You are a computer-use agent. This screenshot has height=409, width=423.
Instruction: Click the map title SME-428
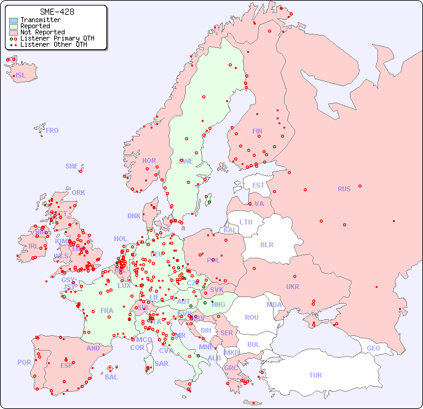(x=57, y=12)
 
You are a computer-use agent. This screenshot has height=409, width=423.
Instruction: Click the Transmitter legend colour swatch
(x=14, y=20)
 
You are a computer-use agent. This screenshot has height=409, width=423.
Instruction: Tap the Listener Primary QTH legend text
(x=57, y=39)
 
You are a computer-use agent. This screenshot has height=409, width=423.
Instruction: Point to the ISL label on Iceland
(x=21, y=76)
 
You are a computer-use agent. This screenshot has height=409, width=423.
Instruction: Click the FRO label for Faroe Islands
(x=52, y=130)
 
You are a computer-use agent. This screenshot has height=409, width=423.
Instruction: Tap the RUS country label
(x=344, y=189)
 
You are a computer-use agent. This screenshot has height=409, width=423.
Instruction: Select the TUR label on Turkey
(x=315, y=375)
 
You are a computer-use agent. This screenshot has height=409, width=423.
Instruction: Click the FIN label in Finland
(x=257, y=131)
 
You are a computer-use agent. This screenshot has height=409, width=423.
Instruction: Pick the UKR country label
(x=293, y=287)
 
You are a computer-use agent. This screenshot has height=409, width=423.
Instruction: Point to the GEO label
(x=373, y=348)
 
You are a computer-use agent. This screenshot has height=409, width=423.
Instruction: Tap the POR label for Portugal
(x=24, y=362)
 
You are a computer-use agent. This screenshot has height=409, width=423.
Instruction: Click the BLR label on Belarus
(x=266, y=244)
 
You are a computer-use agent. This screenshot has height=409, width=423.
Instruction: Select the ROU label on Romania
(x=252, y=317)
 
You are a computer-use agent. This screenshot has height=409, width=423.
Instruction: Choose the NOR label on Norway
(x=149, y=161)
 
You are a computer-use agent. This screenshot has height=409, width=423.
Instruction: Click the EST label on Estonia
(x=258, y=185)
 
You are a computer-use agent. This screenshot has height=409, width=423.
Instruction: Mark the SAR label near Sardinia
(x=162, y=363)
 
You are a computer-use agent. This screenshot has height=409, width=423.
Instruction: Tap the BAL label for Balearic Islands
(x=111, y=377)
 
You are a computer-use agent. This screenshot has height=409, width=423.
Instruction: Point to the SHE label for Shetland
(x=72, y=166)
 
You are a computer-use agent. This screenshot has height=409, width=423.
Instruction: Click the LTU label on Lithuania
(x=246, y=222)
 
